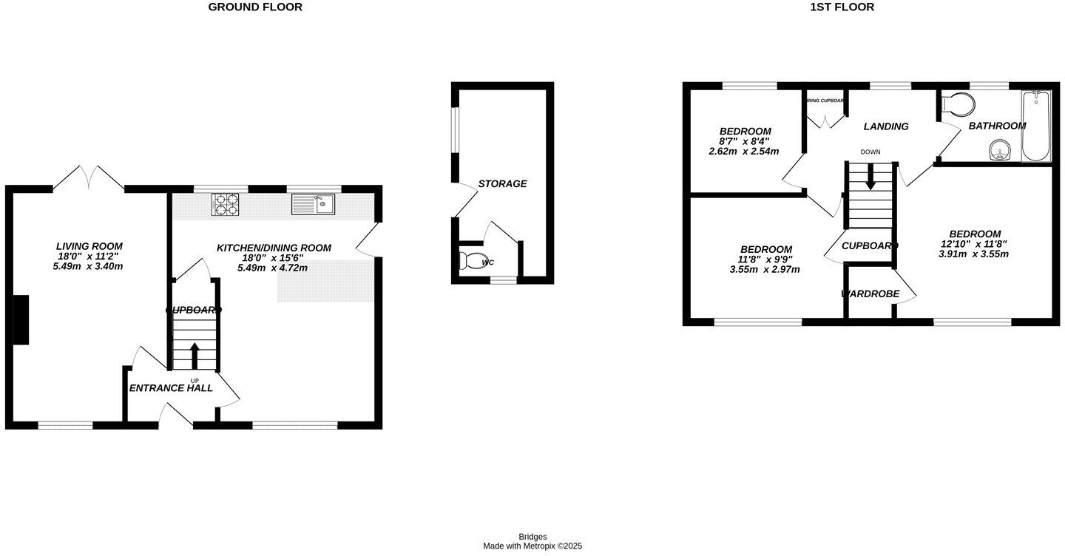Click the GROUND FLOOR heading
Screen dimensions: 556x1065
coord(255,7)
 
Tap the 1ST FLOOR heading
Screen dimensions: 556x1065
coord(842,7)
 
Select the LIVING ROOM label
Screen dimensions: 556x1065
coord(89,246)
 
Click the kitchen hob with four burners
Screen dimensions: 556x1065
coord(226,204)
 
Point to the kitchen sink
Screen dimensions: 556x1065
coord(314,203)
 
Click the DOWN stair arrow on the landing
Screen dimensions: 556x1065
coord(870,177)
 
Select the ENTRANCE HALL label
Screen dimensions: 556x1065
coord(171,388)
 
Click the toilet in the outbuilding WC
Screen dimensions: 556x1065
coord(471,261)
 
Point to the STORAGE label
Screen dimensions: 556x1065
coord(502,183)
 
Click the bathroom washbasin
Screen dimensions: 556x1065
coord(999,151)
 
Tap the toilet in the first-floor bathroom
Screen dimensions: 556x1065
coord(956,104)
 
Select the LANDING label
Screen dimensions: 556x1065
coord(886,126)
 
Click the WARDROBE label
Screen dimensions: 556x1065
coord(870,294)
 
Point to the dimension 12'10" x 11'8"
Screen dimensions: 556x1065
coord(975,244)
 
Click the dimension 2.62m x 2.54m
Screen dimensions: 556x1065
coord(743,152)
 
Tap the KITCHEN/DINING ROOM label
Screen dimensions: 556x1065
coord(274,248)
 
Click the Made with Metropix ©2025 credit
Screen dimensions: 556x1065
coord(532,546)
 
